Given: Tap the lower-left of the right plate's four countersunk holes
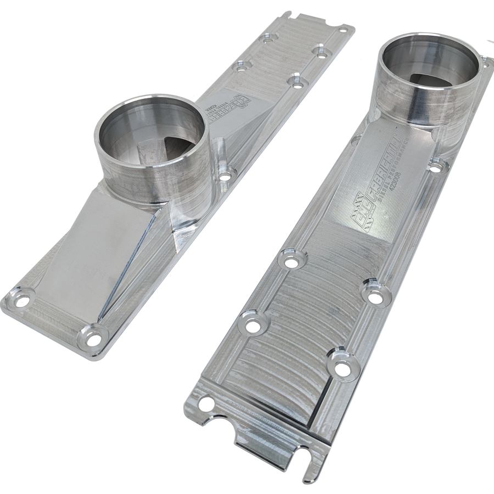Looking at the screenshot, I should click(252, 325).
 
